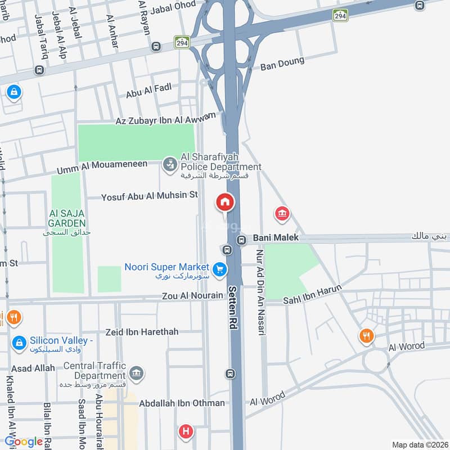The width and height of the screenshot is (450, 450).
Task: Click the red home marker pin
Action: click(225, 202)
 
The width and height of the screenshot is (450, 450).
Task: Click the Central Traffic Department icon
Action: click(136, 373)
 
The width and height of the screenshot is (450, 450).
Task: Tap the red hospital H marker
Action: click(184, 432)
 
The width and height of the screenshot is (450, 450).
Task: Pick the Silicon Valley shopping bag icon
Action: click(19, 342)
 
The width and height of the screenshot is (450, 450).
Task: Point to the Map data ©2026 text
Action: click(419, 444)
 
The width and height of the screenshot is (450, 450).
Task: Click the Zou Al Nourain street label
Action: click(192, 295)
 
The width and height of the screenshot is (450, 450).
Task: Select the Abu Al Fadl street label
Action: click(148, 91)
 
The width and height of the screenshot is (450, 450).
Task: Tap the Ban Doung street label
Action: click(282, 64)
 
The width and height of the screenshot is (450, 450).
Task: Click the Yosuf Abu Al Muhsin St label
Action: click(150, 196)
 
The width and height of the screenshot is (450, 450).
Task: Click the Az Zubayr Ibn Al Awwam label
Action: click(165, 119)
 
